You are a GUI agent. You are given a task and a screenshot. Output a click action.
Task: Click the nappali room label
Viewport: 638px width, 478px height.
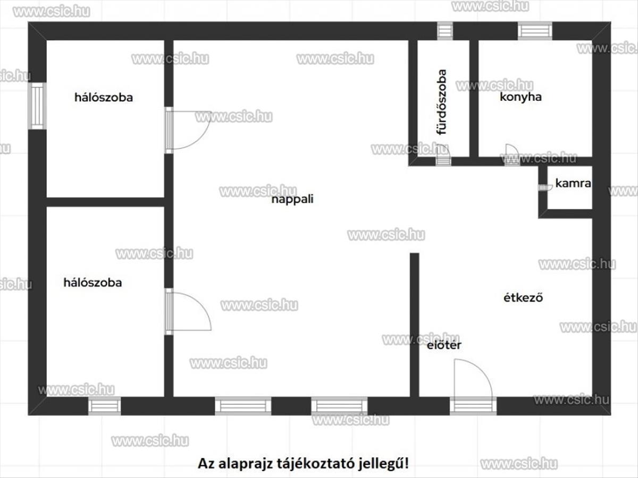tap(292, 200)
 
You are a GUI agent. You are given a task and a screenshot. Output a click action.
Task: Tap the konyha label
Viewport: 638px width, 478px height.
tap(521, 97)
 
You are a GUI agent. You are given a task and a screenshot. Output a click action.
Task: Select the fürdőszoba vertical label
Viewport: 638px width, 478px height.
tap(442, 102)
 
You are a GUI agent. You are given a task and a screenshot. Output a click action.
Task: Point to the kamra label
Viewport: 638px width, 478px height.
tap(573, 184)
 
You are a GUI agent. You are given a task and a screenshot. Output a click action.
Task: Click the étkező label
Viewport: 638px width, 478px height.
tap(523, 298)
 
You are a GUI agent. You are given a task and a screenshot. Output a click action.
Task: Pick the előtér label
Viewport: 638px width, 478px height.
tap(444, 345)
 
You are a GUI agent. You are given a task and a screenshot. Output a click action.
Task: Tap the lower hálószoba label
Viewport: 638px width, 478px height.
tap(93, 283)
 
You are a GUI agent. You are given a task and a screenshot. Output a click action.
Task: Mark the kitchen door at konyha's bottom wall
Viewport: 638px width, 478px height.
tap(511, 154)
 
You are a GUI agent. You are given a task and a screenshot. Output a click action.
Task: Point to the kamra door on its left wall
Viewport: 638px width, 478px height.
tap(543, 187)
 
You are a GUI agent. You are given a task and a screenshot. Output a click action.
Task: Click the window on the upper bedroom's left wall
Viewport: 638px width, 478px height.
tap(37, 106)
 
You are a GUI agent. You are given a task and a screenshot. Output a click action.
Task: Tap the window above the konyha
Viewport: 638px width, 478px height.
tap(535, 30)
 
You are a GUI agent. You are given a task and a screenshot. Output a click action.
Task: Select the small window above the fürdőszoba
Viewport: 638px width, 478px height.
tap(445, 30)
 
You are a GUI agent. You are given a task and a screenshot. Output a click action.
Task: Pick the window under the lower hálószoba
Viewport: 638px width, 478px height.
tap(104, 406)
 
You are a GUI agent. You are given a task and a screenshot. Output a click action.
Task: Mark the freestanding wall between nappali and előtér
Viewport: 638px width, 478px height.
tap(414, 324)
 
